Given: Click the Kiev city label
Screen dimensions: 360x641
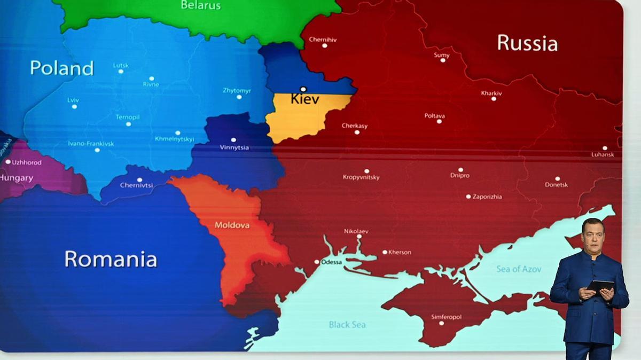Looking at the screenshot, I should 305,99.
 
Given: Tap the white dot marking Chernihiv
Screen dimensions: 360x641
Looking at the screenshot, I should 324,46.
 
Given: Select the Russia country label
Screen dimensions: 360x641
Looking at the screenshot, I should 527,43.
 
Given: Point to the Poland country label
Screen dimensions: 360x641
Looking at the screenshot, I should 61,68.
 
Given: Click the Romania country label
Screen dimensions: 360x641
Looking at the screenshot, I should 111,259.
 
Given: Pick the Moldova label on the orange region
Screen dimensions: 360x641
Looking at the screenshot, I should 232,225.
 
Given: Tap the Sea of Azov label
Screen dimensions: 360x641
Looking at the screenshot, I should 519,269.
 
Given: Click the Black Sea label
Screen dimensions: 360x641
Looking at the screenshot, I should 347,324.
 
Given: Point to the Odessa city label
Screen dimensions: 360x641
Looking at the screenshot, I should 331,262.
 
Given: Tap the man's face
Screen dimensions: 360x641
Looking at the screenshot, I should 593,237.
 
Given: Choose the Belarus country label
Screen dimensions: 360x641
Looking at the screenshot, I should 200,5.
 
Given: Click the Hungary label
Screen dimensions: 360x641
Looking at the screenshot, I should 17,178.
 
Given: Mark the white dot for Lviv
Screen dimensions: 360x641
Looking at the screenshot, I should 74,106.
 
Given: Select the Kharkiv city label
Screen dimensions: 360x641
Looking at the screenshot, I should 491,93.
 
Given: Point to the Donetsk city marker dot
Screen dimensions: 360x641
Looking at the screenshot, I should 557,178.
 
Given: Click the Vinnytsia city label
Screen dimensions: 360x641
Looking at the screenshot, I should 234,147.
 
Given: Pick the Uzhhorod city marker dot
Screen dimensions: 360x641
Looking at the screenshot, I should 7,161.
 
